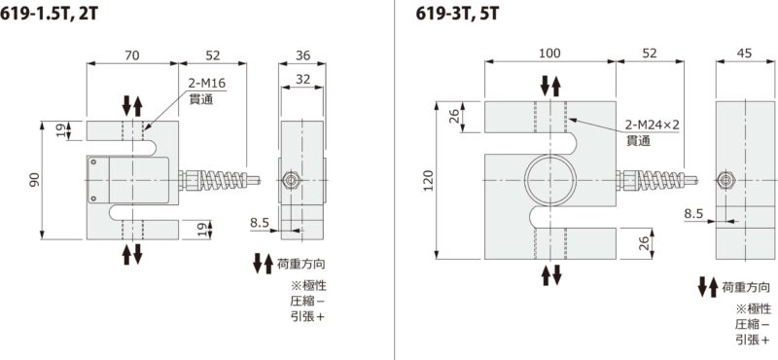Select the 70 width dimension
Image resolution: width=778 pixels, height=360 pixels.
(x=132, y=55)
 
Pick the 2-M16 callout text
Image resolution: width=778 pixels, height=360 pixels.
(x=206, y=84)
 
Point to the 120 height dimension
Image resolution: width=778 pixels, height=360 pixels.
(x=428, y=181)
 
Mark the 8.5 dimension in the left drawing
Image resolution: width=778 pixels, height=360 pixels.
(x=259, y=223)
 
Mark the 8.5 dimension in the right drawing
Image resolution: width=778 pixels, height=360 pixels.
(x=692, y=213)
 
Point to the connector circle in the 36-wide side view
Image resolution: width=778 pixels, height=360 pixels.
(x=290, y=181)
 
